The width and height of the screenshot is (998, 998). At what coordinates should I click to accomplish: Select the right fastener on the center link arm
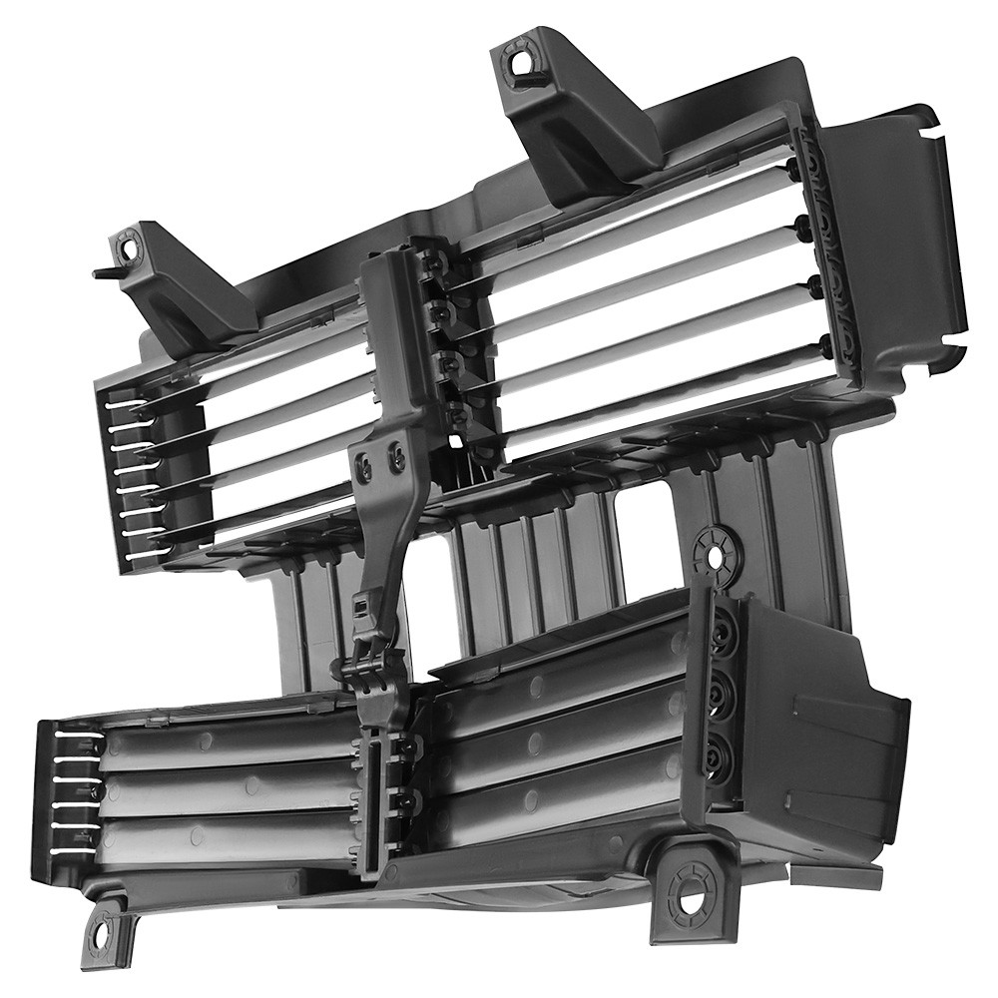[x=396, y=457]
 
